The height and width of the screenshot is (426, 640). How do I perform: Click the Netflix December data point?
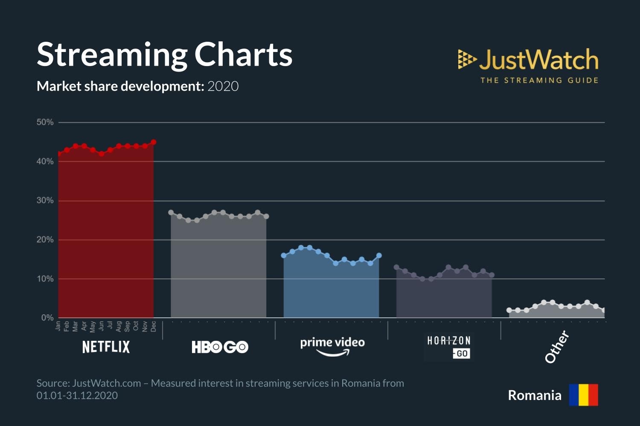[154, 142]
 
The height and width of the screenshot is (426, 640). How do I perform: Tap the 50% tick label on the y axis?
[45, 122]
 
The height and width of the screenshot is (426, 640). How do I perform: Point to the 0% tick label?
[47, 318]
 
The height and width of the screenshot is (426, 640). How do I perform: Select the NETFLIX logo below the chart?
[106, 347]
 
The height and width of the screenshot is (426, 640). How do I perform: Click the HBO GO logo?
[220, 347]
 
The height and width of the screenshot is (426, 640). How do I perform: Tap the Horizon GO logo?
[449, 347]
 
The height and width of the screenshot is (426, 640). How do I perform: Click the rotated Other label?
[557, 347]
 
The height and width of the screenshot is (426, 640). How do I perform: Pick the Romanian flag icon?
[583, 395]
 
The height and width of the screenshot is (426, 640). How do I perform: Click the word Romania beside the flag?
[534, 395]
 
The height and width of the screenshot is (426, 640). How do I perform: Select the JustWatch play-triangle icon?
[466, 59]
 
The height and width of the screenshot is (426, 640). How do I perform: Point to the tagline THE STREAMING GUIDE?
[539, 81]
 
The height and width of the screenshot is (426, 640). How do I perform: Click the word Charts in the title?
[243, 55]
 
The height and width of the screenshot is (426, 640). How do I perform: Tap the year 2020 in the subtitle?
[223, 86]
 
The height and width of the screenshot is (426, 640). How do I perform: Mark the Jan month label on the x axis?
[58, 326]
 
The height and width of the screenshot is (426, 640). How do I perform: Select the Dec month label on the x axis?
[154, 326]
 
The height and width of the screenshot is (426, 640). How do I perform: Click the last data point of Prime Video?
[379, 256]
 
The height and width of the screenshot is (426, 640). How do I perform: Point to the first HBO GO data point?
[171, 212]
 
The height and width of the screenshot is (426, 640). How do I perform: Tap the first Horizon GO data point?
[396, 267]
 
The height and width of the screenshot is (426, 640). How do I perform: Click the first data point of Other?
[509, 310]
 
